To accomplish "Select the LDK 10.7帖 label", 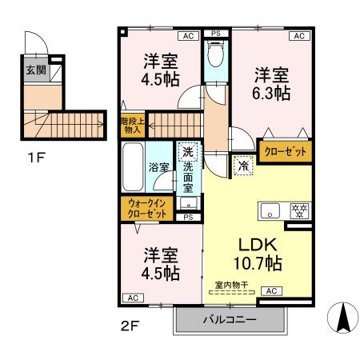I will pyautogui.click(x=258, y=254).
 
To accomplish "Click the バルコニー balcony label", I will pyautogui.click(x=229, y=320).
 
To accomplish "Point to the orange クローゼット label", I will pyautogui.click(x=286, y=151).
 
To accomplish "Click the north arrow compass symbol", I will pyautogui.click(x=343, y=318).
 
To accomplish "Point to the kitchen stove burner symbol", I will pyautogui.click(x=295, y=212).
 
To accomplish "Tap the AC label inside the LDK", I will pyautogui.click(x=271, y=291).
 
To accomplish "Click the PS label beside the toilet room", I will pyautogui.click(x=215, y=33).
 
